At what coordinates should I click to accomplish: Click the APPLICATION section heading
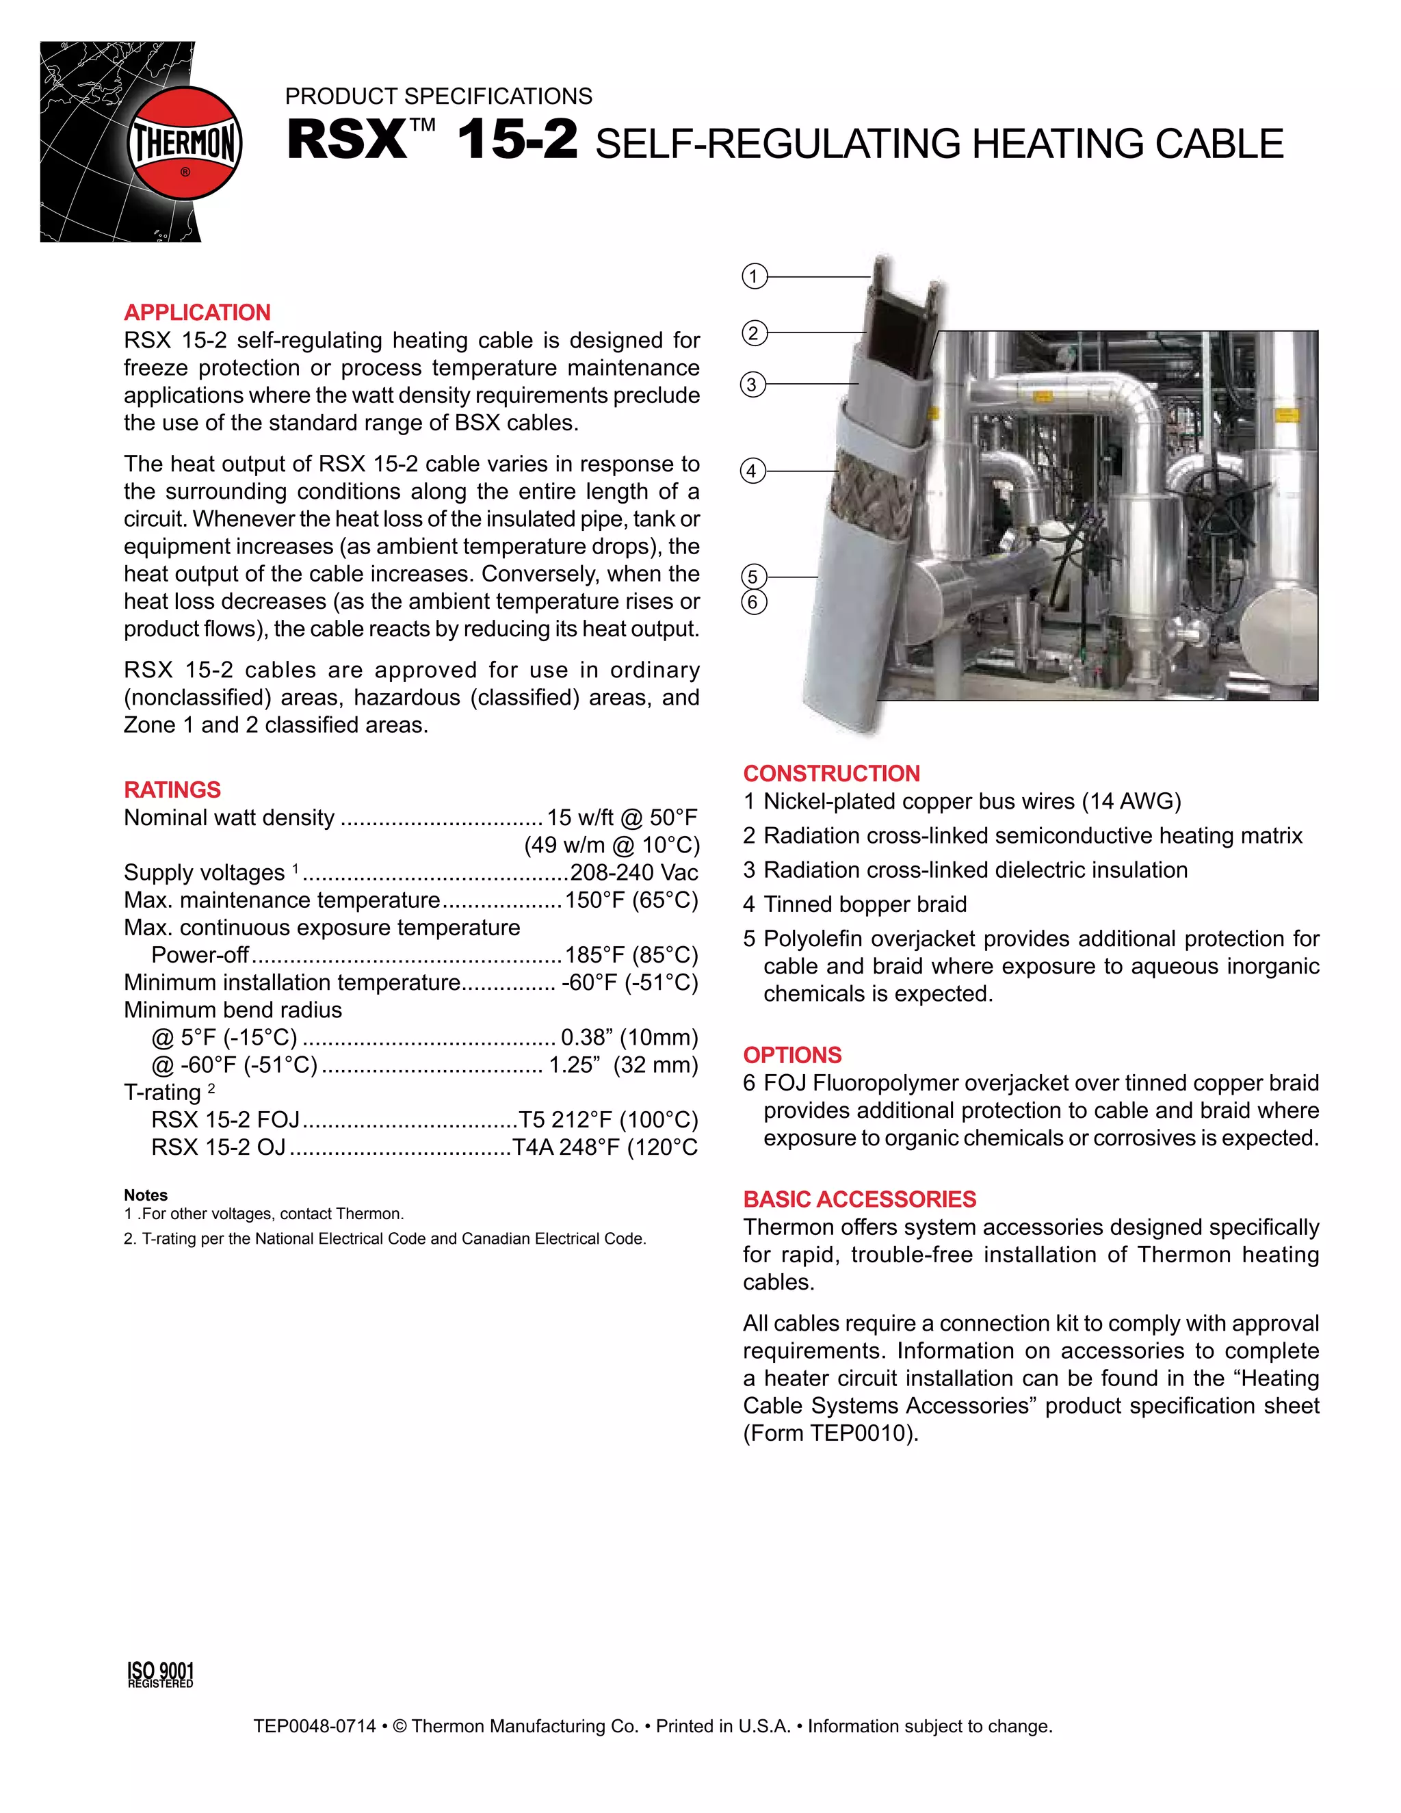tap(197, 312)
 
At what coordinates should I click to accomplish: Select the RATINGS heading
tap(172, 790)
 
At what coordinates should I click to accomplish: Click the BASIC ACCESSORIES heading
tap(859, 1199)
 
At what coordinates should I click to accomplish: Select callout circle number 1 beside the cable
tap(754, 276)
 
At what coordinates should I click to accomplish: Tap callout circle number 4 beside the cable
tap(752, 471)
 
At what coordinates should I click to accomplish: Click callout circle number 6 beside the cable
tap(752, 602)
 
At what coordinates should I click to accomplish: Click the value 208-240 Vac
tap(633, 872)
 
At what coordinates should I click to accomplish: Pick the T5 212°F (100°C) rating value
tap(607, 1120)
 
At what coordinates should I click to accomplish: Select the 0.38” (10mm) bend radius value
tap(629, 1038)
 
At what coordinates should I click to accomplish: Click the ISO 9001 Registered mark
tap(160, 1674)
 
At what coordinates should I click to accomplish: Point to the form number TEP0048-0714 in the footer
tap(315, 1727)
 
